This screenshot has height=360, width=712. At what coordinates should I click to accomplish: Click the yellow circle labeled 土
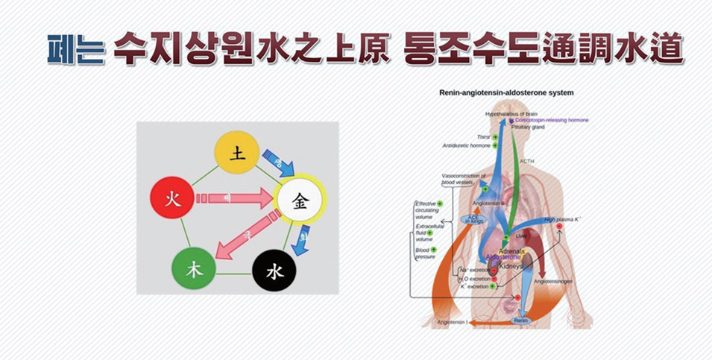(237, 154)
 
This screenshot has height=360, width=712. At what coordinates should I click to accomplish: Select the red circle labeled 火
(171, 200)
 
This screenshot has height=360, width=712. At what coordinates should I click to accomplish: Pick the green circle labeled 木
(194, 269)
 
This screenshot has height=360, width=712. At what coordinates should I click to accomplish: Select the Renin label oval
(521, 320)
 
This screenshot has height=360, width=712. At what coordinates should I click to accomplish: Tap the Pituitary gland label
(528, 127)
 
